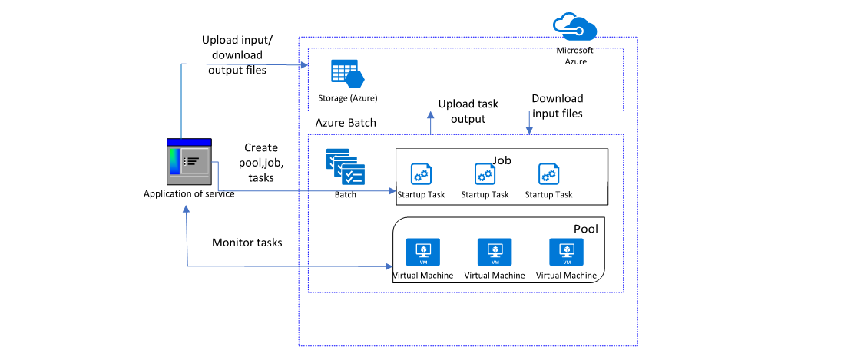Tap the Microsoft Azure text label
pyautogui.click(x=574, y=56)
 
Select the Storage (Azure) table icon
pyautogui.click(x=346, y=74)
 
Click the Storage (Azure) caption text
pyautogui.click(x=348, y=98)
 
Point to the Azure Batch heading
pyautogui.click(x=345, y=123)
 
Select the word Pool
pyautogui.click(x=585, y=229)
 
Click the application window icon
pyautogui.click(x=189, y=162)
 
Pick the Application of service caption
pyautogui.click(x=189, y=193)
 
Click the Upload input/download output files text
pyautogui.click(x=234, y=55)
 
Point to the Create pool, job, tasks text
pyautogui.click(x=260, y=162)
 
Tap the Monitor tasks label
pyautogui.click(x=247, y=243)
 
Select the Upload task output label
pyautogui.click(x=468, y=111)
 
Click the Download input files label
pyautogui.click(x=557, y=106)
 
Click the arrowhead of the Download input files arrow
pyautogui.click(x=529, y=130)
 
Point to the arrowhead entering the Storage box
pyautogui.click(x=303, y=64)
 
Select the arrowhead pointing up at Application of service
pyautogui.click(x=187, y=214)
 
